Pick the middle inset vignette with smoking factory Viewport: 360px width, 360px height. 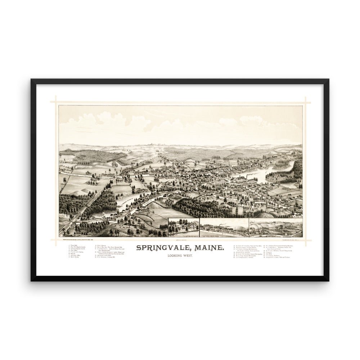point(224,228)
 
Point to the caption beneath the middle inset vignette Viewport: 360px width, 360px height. point(224,237)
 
